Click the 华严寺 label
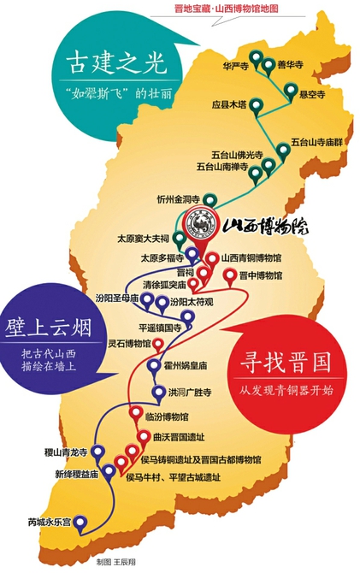pyautogui.click(x=234, y=66)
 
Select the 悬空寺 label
pyautogui.click(x=311, y=95)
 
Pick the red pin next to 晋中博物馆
pyautogui.click(x=230, y=275)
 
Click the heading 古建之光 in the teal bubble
pyautogui.click(x=109, y=63)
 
